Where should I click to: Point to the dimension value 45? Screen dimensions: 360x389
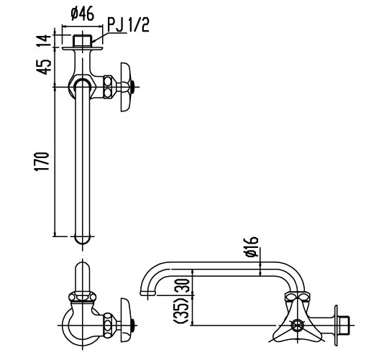(x=45, y=66)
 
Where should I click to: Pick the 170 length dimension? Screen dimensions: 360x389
(x=45, y=160)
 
